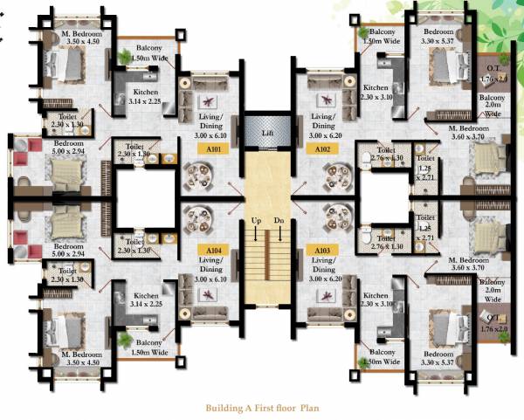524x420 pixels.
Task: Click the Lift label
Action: point(267,132)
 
